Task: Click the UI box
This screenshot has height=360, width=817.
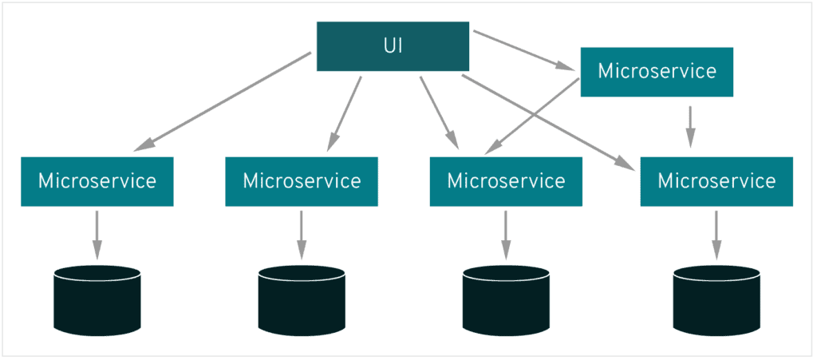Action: click(x=392, y=46)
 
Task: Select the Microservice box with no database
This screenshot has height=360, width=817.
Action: click(x=656, y=72)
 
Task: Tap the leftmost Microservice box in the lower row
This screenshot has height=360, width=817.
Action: click(x=97, y=181)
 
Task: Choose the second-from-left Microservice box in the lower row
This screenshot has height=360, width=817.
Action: click(x=301, y=181)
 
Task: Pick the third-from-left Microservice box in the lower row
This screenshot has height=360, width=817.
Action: click(x=505, y=181)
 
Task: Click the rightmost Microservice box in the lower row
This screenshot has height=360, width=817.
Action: click(x=716, y=181)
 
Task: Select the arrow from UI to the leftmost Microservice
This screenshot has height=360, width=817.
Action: click(x=223, y=101)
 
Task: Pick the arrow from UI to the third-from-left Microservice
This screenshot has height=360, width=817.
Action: click(x=439, y=112)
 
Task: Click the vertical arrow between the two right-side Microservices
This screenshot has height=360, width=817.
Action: click(x=690, y=126)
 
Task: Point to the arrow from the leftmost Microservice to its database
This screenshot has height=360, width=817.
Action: click(x=97, y=235)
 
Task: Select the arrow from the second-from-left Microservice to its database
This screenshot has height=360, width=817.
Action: click(x=301, y=235)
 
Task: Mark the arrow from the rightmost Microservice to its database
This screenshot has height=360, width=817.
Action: click(x=716, y=235)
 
